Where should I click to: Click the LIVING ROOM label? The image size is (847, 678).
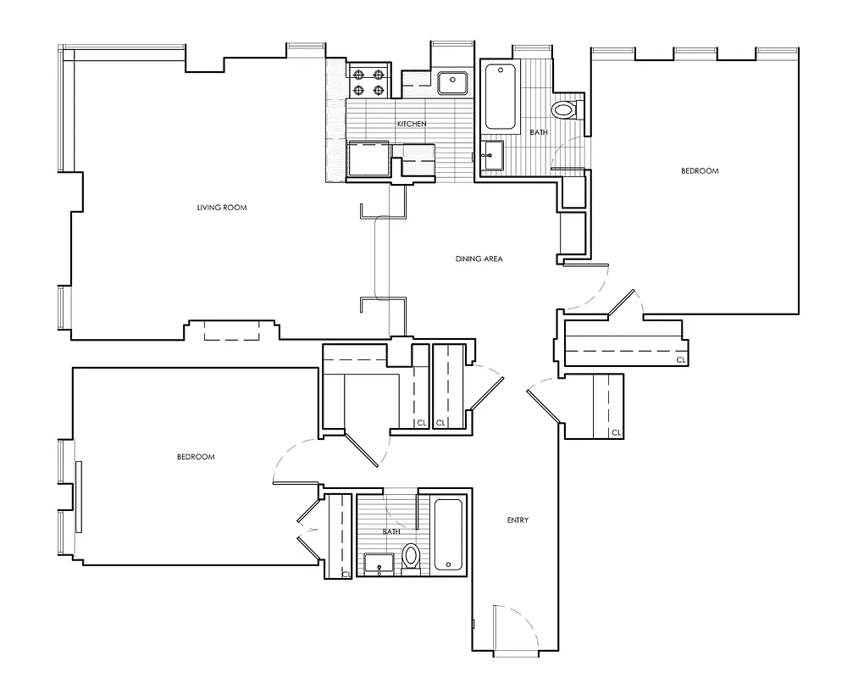click(x=221, y=208)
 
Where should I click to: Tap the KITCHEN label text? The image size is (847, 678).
click(x=412, y=125)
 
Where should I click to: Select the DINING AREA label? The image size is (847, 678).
click(x=479, y=258)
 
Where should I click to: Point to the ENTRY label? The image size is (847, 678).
click(x=518, y=520)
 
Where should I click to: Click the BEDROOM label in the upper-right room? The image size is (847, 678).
click(x=700, y=171)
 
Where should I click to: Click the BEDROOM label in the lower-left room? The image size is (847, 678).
click(x=196, y=457)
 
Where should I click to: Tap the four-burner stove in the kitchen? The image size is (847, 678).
click(x=368, y=82)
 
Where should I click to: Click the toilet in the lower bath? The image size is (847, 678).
click(x=412, y=557)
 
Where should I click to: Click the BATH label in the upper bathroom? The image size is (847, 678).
click(x=539, y=133)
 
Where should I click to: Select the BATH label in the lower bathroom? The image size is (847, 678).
click(x=391, y=531)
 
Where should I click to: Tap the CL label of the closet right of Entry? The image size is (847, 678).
click(x=616, y=433)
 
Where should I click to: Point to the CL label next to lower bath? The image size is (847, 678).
click(x=346, y=574)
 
